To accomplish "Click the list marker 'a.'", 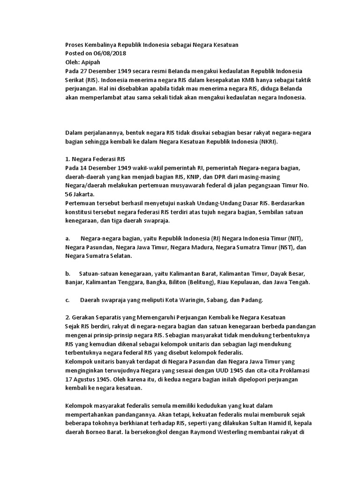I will tap(68, 239).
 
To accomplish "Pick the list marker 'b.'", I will tap(68, 274).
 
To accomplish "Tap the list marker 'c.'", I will tap(68, 300).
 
